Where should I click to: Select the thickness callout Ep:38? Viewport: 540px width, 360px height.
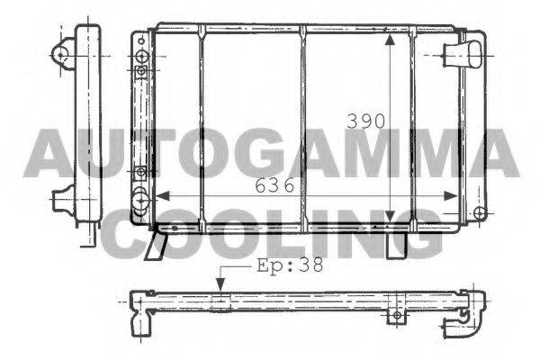(289, 265)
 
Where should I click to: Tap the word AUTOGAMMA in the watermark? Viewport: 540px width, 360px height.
(270, 153)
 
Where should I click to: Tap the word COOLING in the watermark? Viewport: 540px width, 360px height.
(270, 231)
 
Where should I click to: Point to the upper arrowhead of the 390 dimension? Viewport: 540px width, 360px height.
(389, 41)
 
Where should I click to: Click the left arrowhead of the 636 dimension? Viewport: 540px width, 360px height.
(162, 196)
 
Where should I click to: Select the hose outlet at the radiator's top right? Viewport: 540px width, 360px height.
(468, 53)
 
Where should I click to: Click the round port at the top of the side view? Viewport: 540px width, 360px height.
(62, 54)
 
